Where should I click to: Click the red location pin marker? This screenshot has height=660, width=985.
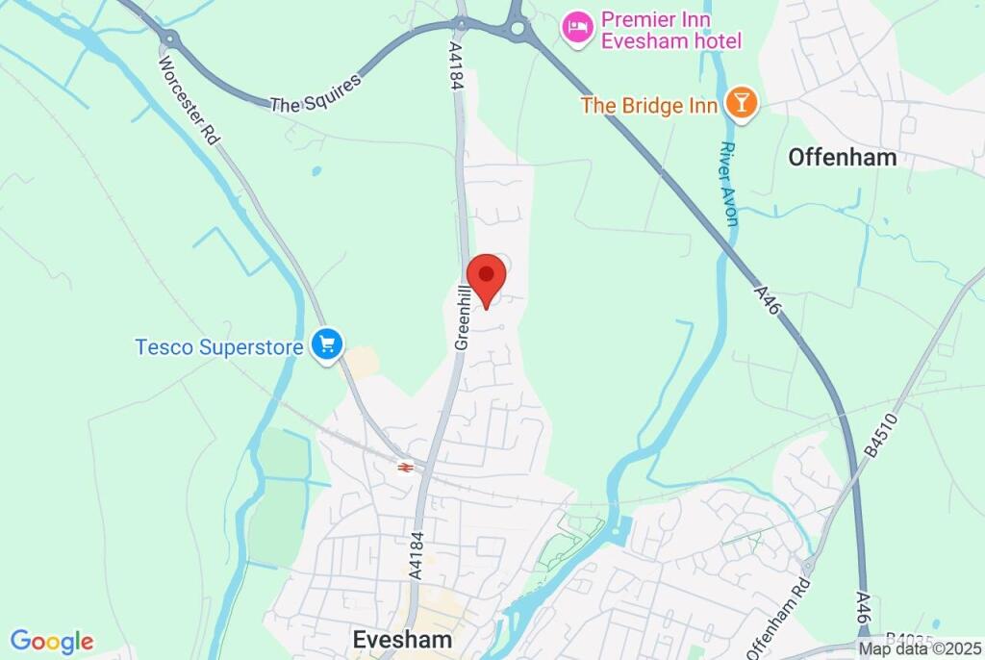pyautogui.click(x=486, y=277)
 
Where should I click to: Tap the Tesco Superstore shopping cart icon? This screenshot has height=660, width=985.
pyautogui.click(x=328, y=344)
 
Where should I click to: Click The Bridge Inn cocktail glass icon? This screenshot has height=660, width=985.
pyautogui.click(x=740, y=103)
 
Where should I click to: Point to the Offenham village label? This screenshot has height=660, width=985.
pyautogui.click(x=842, y=157)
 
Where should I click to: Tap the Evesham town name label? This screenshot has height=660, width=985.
pyautogui.click(x=402, y=639)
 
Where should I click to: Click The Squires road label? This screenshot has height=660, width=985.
pyautogui.click(x=316, y=92)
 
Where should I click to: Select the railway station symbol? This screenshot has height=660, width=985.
pyautogui.click(x=406, y=467)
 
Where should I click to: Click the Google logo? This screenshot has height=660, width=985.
pyautogui.click(x=52, y=642)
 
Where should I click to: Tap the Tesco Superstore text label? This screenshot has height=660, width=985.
pyautogui.click(x=220, y=345)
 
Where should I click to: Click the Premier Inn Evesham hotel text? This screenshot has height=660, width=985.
pyautogui.click(x=670, y=30)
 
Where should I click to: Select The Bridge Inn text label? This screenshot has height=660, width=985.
pyautogui.click(x=649, y=105)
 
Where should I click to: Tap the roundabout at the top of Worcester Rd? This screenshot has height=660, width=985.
pyautogui.click(x=171, y=38)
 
